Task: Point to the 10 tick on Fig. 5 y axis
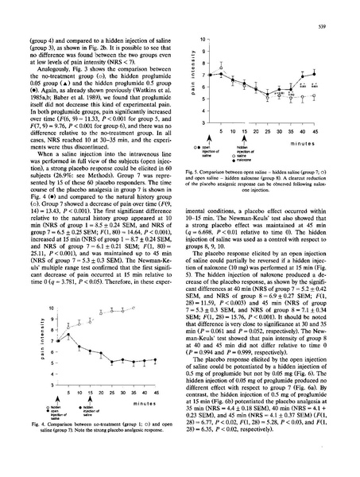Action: (x=204, y=39)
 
